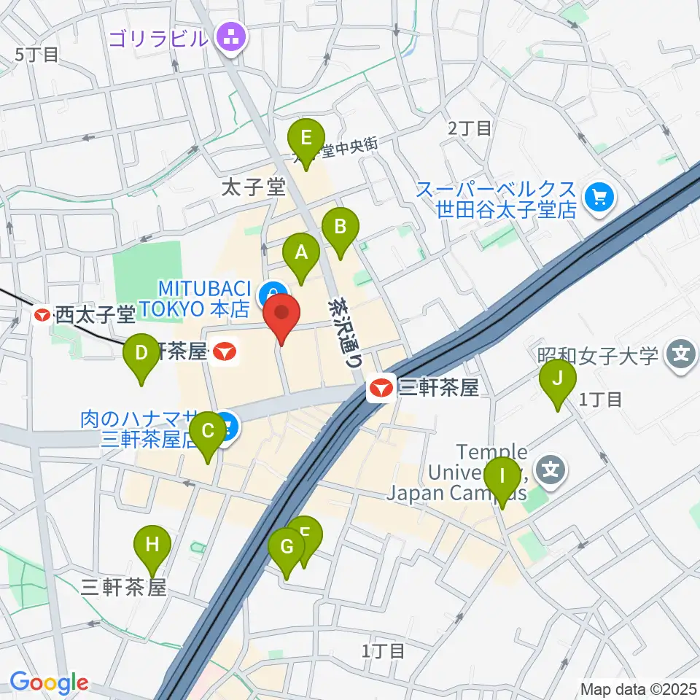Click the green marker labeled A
point(301,252)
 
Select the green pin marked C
point(208,430)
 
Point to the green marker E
point(306,137)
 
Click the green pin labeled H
point(152,544)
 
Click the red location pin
point(281,315)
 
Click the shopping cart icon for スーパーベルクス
point(601,196)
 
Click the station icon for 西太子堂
point(43,315)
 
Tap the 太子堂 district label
point(253,188)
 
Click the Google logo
point(49,682)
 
